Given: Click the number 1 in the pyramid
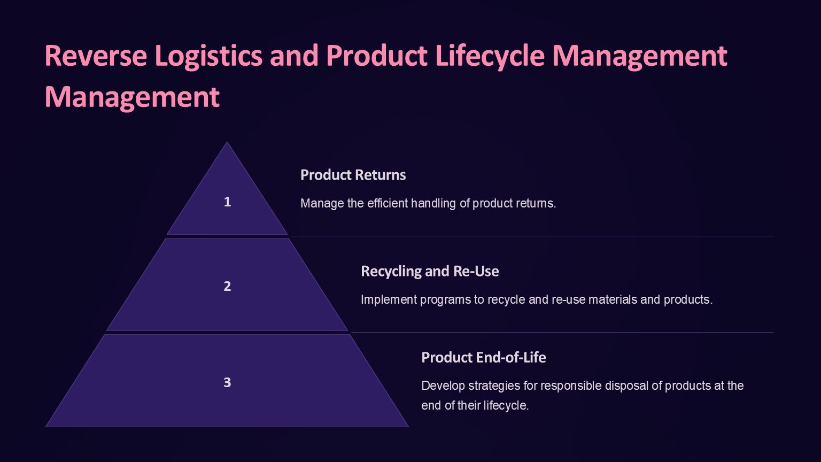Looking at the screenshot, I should point(227,202).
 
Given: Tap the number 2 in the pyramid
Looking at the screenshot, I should point(227,286).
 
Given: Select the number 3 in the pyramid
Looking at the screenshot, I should point(227,382).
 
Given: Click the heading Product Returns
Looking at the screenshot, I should point(353,175).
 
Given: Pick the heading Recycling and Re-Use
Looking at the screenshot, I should point(430,271).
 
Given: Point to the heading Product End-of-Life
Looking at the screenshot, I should point(483,357).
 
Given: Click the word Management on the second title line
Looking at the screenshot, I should point(132,97).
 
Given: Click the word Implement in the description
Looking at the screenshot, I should point(389,299).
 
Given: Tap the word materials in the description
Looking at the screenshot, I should point(612,299).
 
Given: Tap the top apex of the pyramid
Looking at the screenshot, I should point(227,143).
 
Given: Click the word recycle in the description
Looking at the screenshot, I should point(507,299).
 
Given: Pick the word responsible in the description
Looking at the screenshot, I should point(561,386).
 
